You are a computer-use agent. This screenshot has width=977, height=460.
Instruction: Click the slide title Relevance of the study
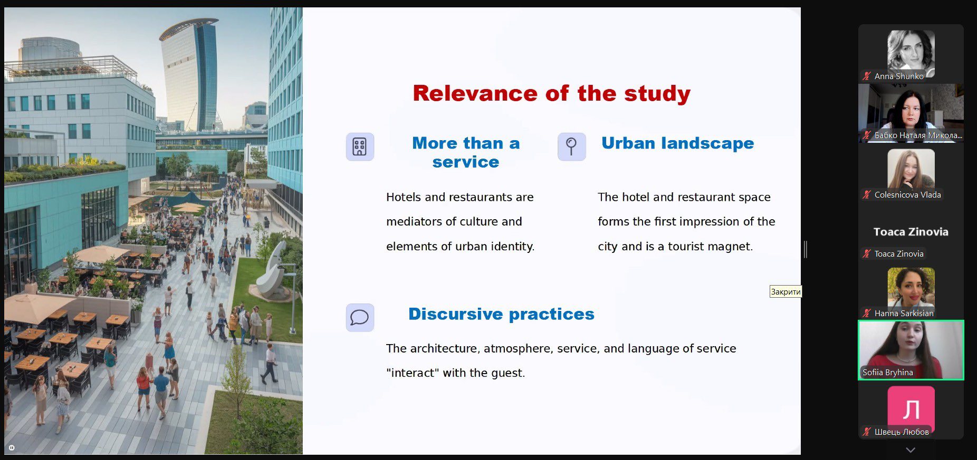[x=551, y=93]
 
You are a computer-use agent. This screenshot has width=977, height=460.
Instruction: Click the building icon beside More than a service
[x=360, y=146]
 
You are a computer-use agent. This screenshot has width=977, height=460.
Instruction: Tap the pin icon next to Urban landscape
[x=572, y=146]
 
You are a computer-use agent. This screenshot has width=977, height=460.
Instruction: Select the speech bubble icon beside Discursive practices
[x=360, y=317]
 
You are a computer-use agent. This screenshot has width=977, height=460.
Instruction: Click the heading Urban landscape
[x=678, y=143]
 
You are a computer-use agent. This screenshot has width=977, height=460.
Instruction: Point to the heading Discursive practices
[x=501, y=314]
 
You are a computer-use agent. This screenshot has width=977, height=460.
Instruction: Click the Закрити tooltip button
[x=786, y=291]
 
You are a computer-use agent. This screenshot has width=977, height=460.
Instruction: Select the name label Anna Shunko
[x=899, y=76]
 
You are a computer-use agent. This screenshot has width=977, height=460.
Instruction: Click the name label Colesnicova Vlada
[x=907, y=195]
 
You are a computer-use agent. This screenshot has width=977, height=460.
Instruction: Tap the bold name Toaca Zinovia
[x=911, y=232]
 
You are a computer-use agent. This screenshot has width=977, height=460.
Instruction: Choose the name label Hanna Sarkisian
[x=904, y=314]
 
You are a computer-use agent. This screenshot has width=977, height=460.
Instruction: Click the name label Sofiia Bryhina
[x=887, y=373]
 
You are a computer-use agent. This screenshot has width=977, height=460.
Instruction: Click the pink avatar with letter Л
[x=911, y=408]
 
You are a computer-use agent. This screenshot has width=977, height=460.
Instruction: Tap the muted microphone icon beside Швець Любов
[x=866, y=432]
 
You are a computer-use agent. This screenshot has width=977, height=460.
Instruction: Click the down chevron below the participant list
[x=911, y=450]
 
